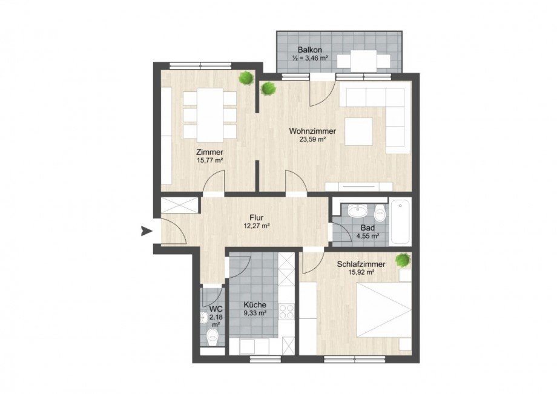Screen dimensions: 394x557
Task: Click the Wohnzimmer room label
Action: click(x=312, y=130)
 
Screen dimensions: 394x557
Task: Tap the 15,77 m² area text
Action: click(x=209, y=161)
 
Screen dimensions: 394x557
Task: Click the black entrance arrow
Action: click(x=145, y=230)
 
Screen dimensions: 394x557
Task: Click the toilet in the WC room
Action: click(x=213, y=337)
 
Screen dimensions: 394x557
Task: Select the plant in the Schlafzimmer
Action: click(x=402, y=260)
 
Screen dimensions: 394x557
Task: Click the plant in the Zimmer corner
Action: click(x=246, y=78)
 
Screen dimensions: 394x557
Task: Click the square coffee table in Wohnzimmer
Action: click(x=358, y=131)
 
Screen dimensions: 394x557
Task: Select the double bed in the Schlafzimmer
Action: click(x=381, y=315)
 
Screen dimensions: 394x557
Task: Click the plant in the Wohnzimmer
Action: click(x=268, y=89)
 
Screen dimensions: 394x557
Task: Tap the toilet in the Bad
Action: click(x=380, y=212)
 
